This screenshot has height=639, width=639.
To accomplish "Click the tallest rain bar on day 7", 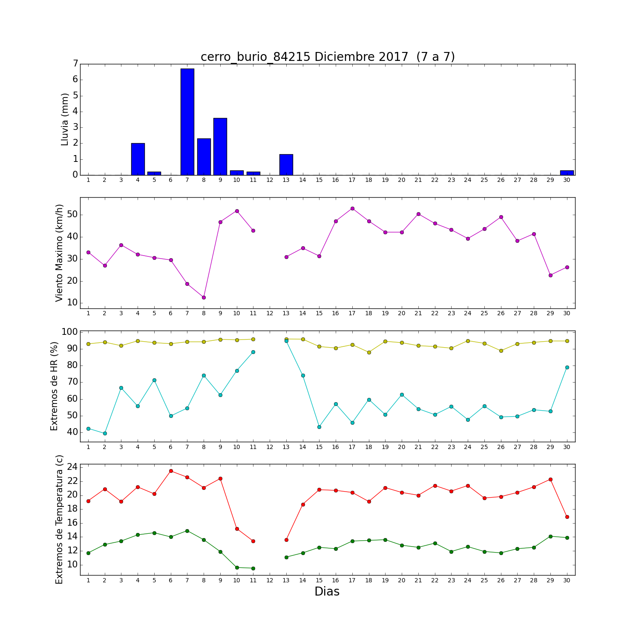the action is (x=187, y=122).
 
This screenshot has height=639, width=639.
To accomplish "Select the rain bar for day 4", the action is (x=138, y=159).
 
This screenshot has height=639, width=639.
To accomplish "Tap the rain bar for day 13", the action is (x=286, y=165).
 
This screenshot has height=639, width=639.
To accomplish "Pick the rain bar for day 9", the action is (x=220, y=147).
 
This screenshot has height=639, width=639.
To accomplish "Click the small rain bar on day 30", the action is (x=567, y=173).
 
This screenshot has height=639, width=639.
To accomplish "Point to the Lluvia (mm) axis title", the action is (x=65, y=119).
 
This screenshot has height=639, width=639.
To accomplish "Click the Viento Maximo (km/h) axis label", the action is (x=59, y=253).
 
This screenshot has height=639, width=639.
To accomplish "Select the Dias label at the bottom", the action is (x=327, y=591).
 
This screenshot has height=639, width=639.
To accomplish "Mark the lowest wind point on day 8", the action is (x=204, y=297).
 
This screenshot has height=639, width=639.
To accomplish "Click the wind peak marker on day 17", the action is (x=352, y=208).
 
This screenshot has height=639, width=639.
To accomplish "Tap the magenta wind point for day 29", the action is (x=550, y=275).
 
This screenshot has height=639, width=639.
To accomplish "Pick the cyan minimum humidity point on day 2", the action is (x=105, y=433).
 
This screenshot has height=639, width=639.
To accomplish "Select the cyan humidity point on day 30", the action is (x=567, y=367).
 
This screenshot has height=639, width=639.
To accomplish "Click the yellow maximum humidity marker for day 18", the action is (x=369, y=352).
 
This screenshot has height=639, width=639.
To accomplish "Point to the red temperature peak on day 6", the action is (x=171, y=471).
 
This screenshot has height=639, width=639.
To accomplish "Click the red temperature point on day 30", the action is (x=567, y=517).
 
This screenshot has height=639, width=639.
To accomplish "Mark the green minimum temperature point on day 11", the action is (x=253, y=568).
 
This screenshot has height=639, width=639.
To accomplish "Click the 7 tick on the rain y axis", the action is (x=75, y=64).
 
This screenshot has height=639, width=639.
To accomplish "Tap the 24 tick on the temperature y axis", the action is (x=72, y=467).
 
